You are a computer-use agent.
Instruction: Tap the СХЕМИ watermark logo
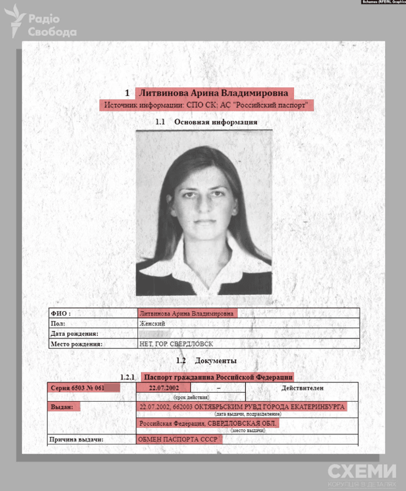362,472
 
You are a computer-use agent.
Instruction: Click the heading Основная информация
216,122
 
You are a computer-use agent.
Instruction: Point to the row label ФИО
61,314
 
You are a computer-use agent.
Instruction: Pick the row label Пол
58,324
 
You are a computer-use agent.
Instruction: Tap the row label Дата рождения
74,334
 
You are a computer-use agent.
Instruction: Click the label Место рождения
76,344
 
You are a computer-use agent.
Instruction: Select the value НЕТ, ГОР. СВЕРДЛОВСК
176,344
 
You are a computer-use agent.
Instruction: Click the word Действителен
302,388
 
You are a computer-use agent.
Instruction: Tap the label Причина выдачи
77,440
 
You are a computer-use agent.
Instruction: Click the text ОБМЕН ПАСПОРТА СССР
178,440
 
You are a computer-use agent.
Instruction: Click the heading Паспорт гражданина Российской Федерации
218,377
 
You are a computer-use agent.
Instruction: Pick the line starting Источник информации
206,105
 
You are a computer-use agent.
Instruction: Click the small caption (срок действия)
191,396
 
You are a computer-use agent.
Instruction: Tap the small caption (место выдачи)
245,431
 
